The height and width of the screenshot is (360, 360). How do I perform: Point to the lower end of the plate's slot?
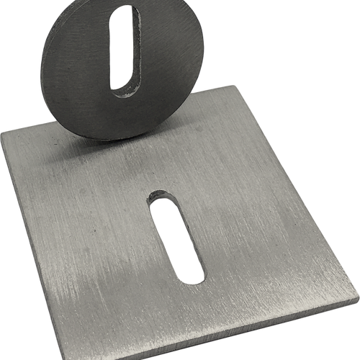[192, 273]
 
